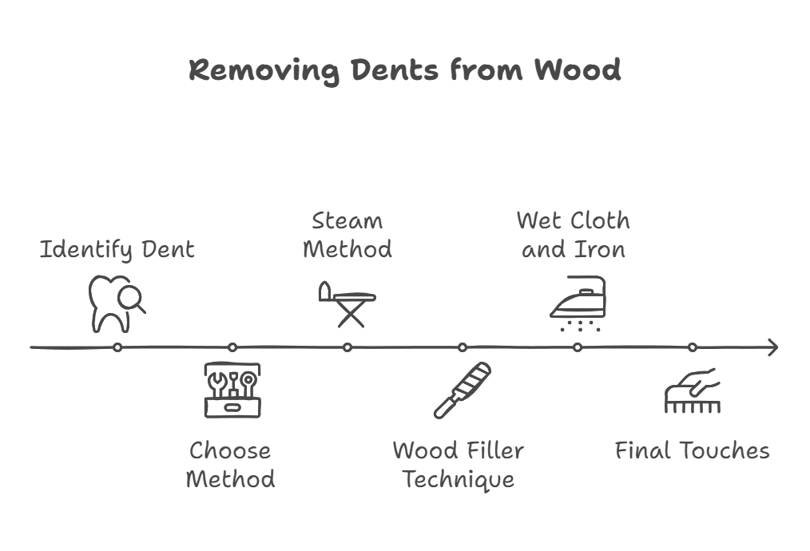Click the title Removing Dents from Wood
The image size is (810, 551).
point(404,70)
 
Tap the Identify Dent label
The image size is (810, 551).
point(117,249)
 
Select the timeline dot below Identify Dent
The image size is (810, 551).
point(117,347)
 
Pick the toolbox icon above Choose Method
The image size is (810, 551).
point(232,390)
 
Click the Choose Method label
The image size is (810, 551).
point(231,465)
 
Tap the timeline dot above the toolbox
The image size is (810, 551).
point(232,347)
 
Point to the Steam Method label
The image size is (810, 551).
point(347,234)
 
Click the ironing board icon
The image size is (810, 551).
point(347,304)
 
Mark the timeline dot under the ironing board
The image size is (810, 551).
point(347,347)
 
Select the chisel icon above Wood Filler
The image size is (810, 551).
point(462,390)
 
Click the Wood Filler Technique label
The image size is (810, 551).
point(459,465)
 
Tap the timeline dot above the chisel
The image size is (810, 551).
point(463,347)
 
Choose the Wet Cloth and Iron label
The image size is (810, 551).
point(573,234)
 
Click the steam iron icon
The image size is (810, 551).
point(578,303)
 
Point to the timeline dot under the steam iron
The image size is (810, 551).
point(578,347)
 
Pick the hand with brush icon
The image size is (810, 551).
point(692,390)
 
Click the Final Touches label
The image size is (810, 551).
point(692,450)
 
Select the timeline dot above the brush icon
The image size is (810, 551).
point(693,347)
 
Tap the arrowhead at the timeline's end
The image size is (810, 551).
point(772,347)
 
